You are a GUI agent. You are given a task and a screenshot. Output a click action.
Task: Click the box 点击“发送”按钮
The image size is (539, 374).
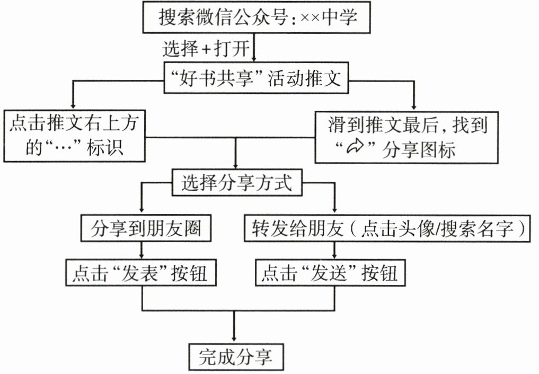point(329,273)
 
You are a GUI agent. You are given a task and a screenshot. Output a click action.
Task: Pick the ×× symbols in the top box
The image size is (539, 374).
point(311,19)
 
